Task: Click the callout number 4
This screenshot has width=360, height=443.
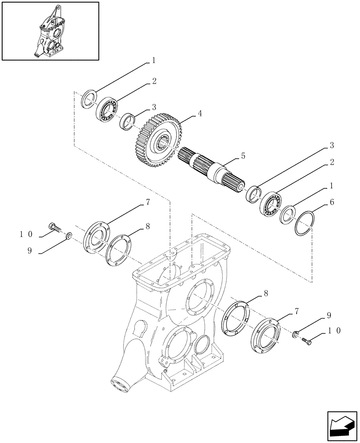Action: point(200,113)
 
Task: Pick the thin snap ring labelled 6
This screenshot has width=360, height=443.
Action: point(305,223)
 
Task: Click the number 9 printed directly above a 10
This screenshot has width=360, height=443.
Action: point(329,315)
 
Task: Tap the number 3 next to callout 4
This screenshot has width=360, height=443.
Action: point(154,107)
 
